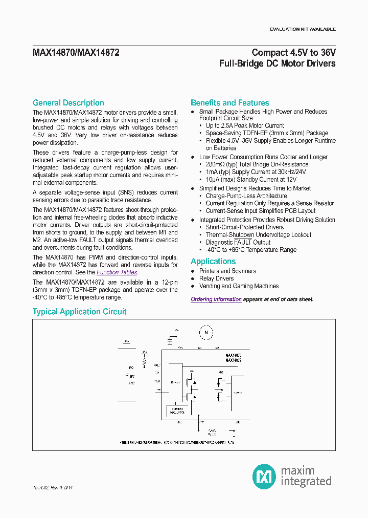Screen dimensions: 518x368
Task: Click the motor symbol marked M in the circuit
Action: pyautogui.click(x=206, y=332)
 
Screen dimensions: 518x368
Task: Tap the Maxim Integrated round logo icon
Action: pyautogui.click(x=264, y=477)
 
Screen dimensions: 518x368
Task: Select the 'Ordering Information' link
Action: pyautogui.click(x=216, y=299)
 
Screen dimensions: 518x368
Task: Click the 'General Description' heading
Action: pyautogui.click(x=68, y=103)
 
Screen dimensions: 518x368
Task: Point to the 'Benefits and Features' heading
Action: pyautogui.click(x=229, y=103)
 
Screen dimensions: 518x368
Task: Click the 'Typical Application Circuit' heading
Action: pyautogui.click(x=79, y=312)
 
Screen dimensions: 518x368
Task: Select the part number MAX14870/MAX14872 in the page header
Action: pyautogui.click(x=76, y=52)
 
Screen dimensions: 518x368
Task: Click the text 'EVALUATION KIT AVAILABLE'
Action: pyautogui.click(x=303, y=29)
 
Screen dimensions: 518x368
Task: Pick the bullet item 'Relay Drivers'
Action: pyautogui.click(x=216, y=278)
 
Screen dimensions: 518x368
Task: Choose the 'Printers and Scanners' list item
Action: pyautogui.click(x=227, y=271)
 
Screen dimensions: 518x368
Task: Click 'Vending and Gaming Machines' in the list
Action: pyautogui.click(x=239, y=286)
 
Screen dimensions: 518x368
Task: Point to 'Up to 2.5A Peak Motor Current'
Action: pyautogui.click(x=245, y=125)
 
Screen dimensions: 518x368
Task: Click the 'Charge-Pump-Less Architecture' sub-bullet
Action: pyautogui.click(x=246, y=196)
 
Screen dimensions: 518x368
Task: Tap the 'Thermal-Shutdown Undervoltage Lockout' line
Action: pyautogui.click(x=259, y=234)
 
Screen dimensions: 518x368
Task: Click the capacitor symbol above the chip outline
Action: pyautogui.click(x=170, y=339)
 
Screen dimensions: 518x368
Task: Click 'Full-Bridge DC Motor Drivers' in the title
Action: pyautogui.click(x=277, y=63)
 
